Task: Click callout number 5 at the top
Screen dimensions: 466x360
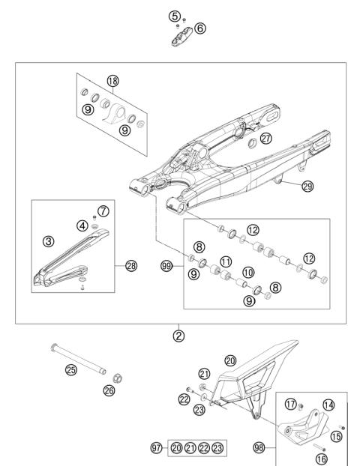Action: click(174, 16)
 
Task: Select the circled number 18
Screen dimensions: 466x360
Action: click(113, 81)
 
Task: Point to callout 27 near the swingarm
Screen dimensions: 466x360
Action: click(266, 137)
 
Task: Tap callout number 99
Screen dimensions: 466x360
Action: click(166, 265)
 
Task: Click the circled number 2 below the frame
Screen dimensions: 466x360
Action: click(178, 335)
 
